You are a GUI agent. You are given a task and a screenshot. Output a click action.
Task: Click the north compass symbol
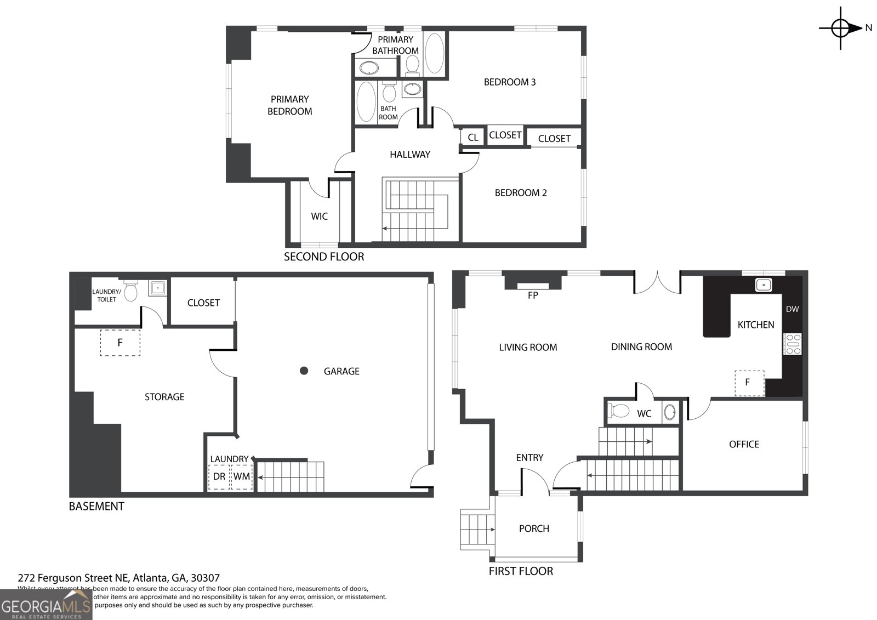pyautogui.click(x=840, y=27)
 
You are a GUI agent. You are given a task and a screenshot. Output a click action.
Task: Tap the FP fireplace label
pyautogui.click(x=533, y=295)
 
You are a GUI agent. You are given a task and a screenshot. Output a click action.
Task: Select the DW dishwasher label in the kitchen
pyautogui.click(x=792, y=309)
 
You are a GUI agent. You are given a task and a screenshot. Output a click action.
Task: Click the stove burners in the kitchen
pyautogui.click(x=793, y=344)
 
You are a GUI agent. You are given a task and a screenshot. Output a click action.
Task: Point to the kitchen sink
pyautogui.click(x=763, y=285)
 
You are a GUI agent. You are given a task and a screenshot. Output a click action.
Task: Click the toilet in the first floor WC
pyautogui.click(x=619, y=411)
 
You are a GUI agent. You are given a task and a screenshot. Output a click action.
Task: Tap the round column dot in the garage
pyautogui.click(x=304, y=371)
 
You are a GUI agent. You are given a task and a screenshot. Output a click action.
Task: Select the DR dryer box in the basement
pyautogui.click(x=219, y=476)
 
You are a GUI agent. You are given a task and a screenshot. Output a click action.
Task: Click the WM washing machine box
pyautogui.click(x=241, y=476)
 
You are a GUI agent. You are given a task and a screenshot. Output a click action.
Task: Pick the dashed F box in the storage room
pyautogui.click(x=120, y=343)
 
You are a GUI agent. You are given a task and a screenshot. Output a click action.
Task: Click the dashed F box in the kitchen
pyautogui.click(x=749, y=382)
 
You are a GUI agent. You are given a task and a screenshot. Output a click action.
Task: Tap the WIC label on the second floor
pyautogui.click(x=319, y=217)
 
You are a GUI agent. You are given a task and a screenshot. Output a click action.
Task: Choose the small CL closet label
pyautogui.click(x=473, y=138)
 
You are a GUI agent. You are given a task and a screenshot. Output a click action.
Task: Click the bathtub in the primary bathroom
pyautogui.click(x=435, y=53)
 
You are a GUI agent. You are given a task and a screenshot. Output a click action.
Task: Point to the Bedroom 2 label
pyautogui.click(x=521, y=193)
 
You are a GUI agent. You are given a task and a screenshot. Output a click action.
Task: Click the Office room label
pyautogui.click(x=744, y=444)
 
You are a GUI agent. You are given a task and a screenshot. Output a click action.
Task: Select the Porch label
pyautogui.click(x=534, y=528)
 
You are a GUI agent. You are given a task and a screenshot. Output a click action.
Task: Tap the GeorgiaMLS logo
pyautogui.click(x=46, y=606)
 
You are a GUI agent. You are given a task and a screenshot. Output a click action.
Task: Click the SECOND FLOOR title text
pyautogui.click(x=323, y=257)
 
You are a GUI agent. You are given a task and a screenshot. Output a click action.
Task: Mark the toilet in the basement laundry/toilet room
pyautogui.click(x=130, y=291)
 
